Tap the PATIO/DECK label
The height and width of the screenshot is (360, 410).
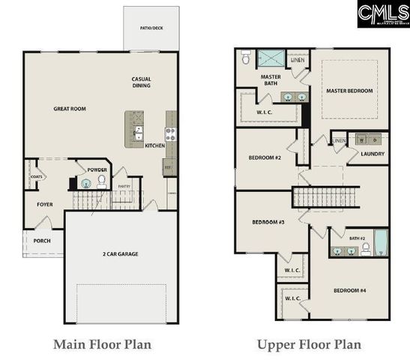(x=151, y=27)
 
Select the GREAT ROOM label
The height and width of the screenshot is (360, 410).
(x=70, y=109)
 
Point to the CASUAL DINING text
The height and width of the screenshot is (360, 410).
(x=142, y=82)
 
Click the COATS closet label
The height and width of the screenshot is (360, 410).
(x=36, y=177)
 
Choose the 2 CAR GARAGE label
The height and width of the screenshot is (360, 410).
(x=121, y=253)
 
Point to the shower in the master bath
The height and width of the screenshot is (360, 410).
(x=271, y=58)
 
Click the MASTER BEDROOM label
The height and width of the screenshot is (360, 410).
(x=349, y=91)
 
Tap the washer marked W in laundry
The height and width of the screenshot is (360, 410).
(x=362, y=139)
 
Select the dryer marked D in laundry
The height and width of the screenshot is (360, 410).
(x=373, y=139)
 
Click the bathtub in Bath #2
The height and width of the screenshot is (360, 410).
(x=380, y=244)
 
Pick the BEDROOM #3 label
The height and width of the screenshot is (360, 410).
(x=267, y=222)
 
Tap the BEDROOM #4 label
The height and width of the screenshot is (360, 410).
(x=349, y=290)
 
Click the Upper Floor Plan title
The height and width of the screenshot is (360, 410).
(x=310, y=344)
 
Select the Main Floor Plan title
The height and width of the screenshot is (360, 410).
(x=102, y=344)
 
